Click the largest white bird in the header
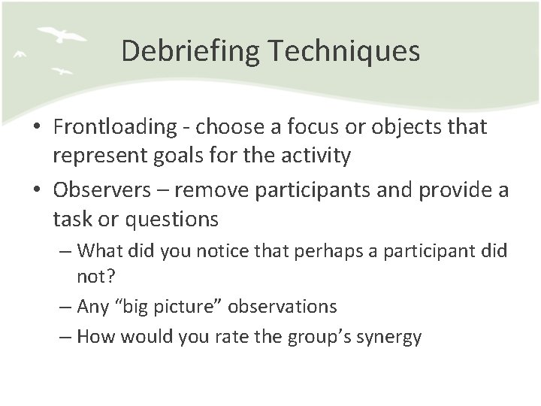(x=61, y=35)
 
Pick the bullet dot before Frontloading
(x=38, y=128)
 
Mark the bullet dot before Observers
(x=38, y=189)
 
